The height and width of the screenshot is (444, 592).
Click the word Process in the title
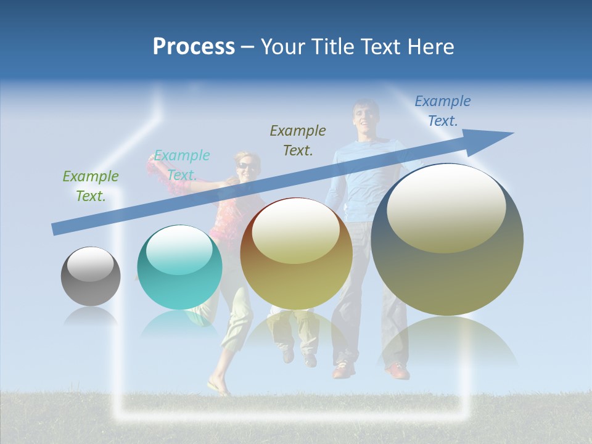pos(194,47)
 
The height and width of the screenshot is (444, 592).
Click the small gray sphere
pos(91,276)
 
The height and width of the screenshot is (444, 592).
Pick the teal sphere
pos(179,268)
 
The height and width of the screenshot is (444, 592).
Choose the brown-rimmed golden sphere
pos(296,253)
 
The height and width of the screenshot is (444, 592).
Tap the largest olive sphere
pos(447,239)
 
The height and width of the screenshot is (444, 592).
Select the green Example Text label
pos(91,186)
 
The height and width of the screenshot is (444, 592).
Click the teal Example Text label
pos(181,165)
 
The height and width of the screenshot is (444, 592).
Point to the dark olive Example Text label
pos(298,140)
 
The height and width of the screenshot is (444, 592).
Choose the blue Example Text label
pos(442,110)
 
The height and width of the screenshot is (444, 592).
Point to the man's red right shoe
pos(398,371)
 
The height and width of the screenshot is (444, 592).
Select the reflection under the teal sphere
pos(179,324)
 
